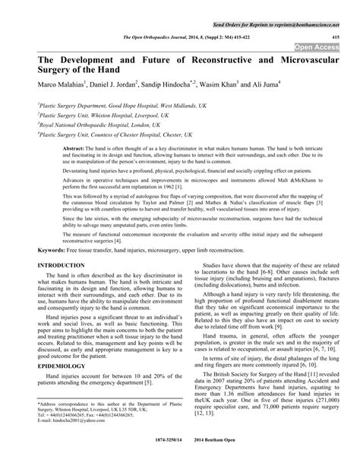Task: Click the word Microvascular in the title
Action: point(307,58)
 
